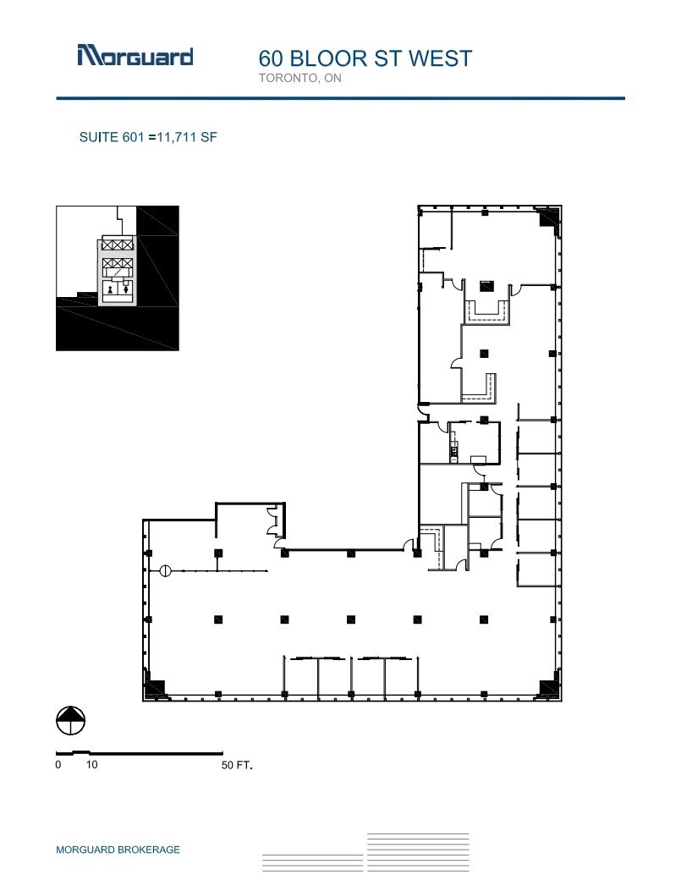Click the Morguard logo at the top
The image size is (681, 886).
pyautogui.click(x=135, y=56)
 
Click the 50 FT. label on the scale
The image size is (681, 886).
pyautogui.click(x=236, y=765)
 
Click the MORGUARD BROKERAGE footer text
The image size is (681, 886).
pyautogui.click(x=118, y=850)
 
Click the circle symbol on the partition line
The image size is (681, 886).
pyautogui.click(x=166, y=571)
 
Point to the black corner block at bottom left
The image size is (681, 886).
pyautogui.click(x=154, y=689)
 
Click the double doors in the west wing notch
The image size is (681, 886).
pyautogui.click(x=272, y=520)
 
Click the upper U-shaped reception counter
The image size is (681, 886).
pyautogui.click(x=485, y=311)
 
